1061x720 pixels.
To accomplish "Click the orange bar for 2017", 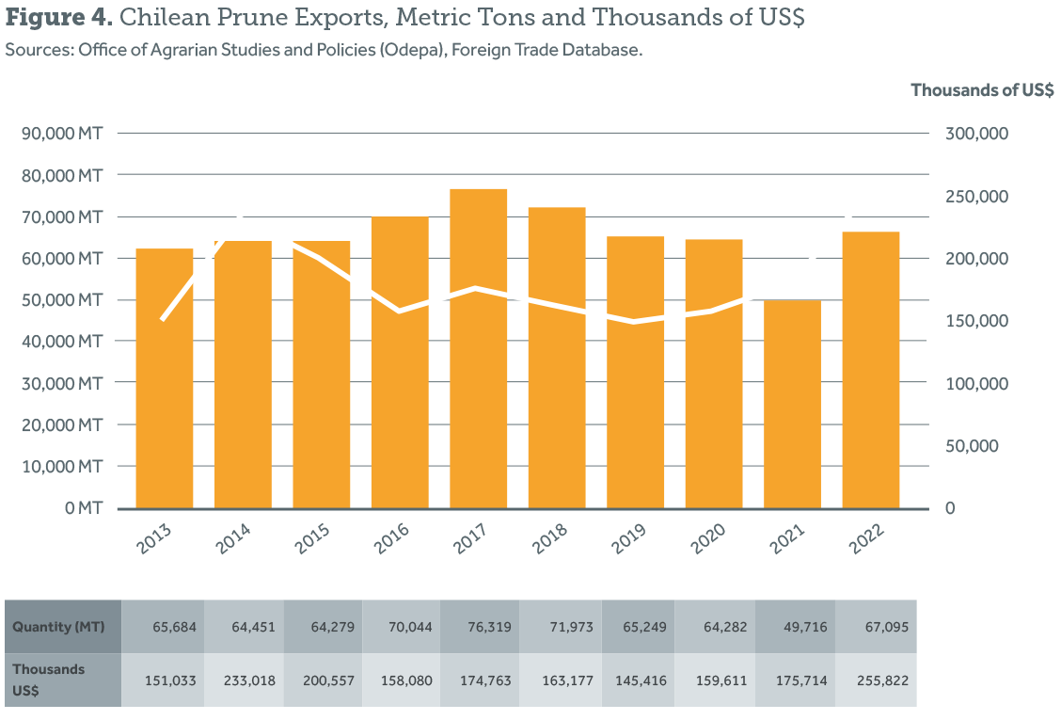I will [479, 348].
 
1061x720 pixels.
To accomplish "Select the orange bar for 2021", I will [792, 405].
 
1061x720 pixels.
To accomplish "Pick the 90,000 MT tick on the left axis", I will [61, 134].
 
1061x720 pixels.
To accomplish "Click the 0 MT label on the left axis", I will [83, 508].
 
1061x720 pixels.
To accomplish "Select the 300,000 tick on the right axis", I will [976, 134].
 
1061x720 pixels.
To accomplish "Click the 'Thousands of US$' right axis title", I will [982, 89].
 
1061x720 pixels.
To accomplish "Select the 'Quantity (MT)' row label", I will [58, 627].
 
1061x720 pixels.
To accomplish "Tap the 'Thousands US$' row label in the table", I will [49, 679].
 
